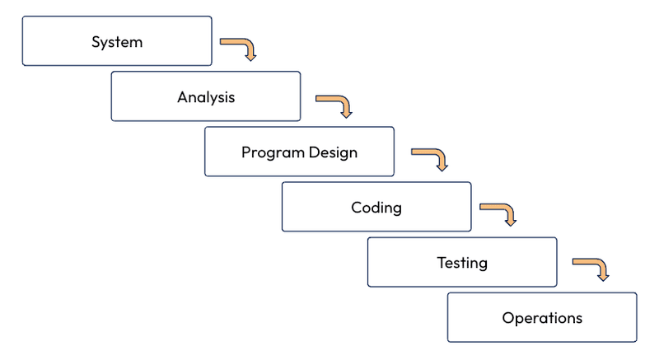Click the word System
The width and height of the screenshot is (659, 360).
(x=117, y=41)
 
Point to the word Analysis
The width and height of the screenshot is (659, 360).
(x=206, y=97)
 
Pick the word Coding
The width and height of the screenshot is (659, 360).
(x=376, y=207)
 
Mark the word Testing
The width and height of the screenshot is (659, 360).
(x=462, y=263)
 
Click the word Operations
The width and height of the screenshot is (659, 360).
(x=542, y=317)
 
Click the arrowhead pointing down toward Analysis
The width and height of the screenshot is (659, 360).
(x=250, y=55)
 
